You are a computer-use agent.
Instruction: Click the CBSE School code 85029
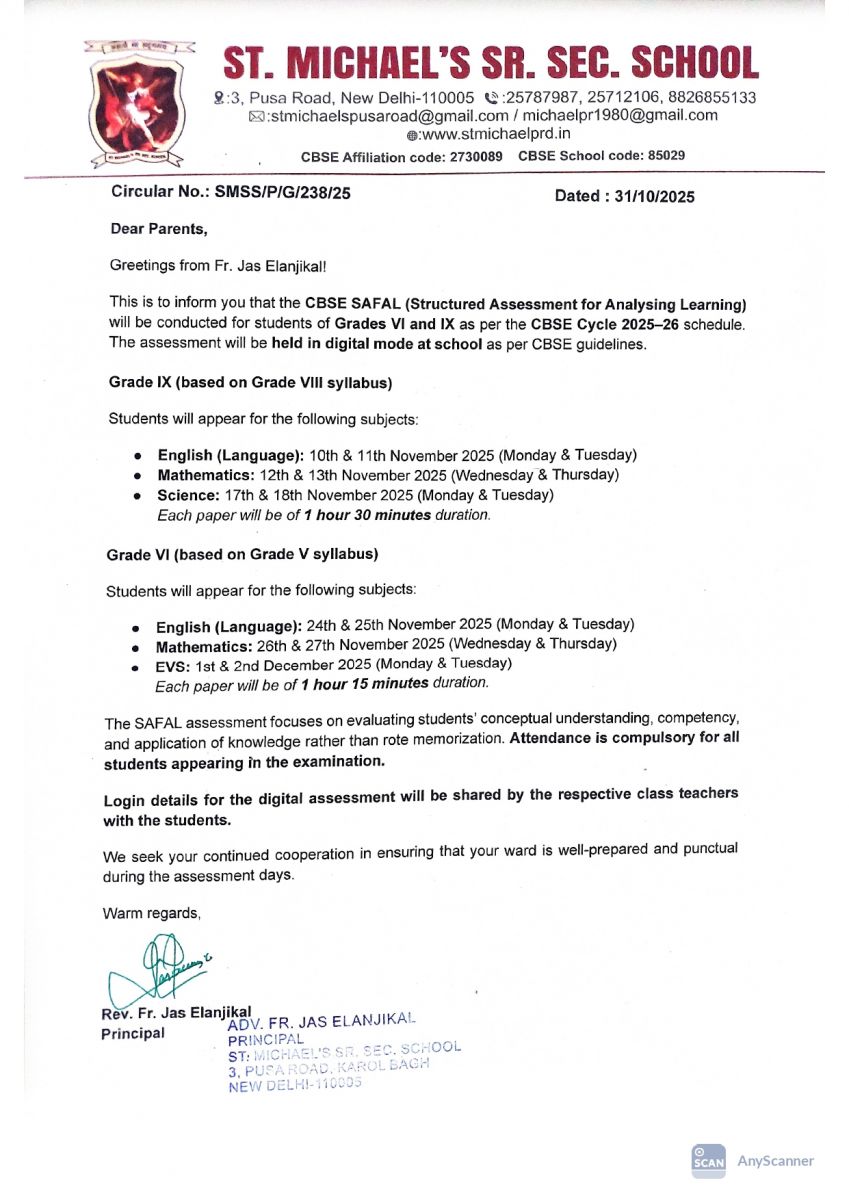[x=601, y=156]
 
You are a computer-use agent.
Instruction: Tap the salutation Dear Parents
[x=158, y=229]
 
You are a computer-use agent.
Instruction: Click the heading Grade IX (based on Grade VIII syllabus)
[x=249, y=382]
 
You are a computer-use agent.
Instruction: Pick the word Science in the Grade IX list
[x=186, y=495]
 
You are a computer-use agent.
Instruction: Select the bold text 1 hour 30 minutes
[x=367, y=516]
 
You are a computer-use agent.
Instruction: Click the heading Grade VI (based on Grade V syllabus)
[x=242, y=553]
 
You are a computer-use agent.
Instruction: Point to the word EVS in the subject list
[x=170, y=664]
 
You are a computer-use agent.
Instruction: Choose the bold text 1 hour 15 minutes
[x=364, y=684]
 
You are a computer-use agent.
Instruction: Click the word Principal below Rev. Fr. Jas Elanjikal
[x=133, y=1033]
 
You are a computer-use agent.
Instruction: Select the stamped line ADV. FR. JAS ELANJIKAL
[x=321, y=1022]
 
